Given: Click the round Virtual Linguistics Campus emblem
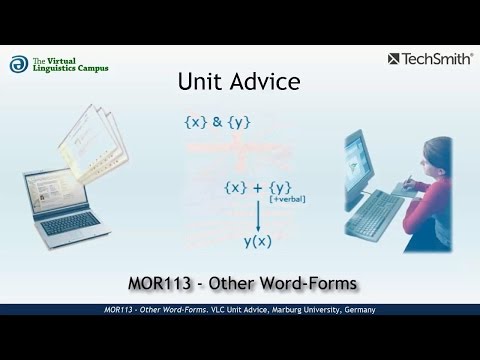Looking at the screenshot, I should (19, 63).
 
